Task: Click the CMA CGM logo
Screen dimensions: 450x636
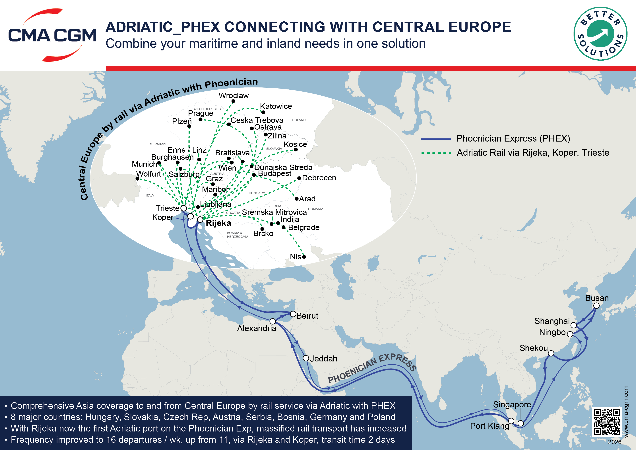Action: coord(52,35)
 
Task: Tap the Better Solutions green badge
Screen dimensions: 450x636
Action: coord(600,34)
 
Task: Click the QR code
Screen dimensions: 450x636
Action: coord(607,422)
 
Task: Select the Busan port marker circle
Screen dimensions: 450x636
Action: coord(596,306)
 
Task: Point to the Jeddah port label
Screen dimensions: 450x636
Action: coord(324,359)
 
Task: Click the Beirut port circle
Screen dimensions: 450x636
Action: coord(293,314)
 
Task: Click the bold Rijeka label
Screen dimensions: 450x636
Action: coord(218,223)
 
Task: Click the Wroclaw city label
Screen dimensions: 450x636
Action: coord(234,96)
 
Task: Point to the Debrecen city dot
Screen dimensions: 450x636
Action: coord(299,178)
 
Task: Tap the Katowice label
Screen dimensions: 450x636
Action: coord(276,106)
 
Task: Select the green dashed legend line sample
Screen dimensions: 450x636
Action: coord(436,153)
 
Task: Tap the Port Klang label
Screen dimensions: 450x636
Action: coord(490,426)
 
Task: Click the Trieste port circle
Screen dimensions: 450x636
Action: coord(184,208)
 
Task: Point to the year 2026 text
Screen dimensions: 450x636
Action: coord(614,442)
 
